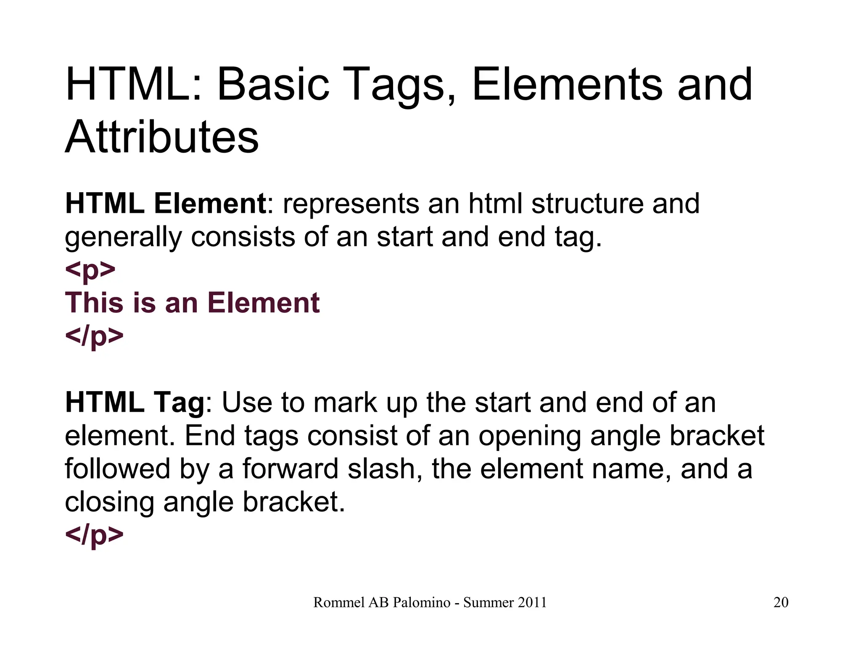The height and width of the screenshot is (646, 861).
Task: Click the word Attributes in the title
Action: (162, 137)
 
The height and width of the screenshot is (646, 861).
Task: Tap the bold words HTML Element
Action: (165, 204)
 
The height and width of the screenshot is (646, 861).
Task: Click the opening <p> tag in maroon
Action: (90, 270)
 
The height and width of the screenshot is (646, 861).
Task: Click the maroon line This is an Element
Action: (192, 303)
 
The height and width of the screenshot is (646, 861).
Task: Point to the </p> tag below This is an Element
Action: (94, 336)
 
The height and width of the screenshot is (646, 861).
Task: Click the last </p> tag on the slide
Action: (94, 535)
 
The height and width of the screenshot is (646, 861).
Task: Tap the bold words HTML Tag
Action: (135, 402)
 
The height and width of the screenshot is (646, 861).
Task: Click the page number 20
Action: (781, 602)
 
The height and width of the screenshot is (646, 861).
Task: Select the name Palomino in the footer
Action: (422, 602)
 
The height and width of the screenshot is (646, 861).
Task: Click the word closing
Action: (109, 503)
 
